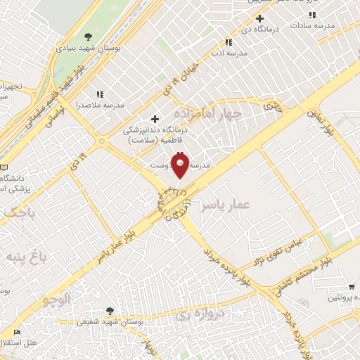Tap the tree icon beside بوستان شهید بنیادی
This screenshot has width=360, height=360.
[x=87, y=36]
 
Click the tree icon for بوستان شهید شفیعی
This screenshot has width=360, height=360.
[x=109, y=310]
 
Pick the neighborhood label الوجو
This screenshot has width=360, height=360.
[x=57, y=300]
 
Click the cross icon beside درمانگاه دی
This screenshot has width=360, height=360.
[x=259, y=18]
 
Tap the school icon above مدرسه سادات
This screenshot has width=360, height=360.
[x=312, y=15]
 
